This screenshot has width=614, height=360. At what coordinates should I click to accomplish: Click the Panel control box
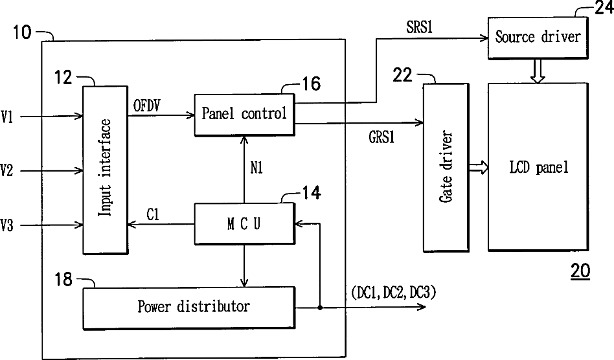[x=244, y=115]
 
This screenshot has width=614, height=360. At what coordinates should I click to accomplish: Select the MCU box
[x=244, y=223]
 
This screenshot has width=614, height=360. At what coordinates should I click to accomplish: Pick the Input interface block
[x=105, y=170]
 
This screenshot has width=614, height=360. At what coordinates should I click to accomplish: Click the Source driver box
[x=538, y=38]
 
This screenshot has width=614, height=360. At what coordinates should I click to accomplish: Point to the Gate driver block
[x=446, y=167]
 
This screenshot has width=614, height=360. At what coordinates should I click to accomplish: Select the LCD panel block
[x=538, y=166]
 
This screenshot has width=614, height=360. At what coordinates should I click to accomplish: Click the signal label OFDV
[x=147, y=106]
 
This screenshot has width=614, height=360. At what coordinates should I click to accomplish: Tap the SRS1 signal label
[x=420, y=27]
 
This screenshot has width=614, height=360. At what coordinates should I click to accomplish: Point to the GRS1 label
[x=381, y=137]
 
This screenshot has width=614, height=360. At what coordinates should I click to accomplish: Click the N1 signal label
[x=256, y=168]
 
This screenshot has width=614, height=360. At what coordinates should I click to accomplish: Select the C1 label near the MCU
[x=153, y=214]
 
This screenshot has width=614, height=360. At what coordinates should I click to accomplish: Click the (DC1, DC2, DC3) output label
[x=394, y=292]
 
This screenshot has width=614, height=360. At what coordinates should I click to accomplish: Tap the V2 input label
[x=6, y=170]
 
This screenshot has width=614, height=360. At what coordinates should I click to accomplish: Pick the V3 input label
[x=6, y=225]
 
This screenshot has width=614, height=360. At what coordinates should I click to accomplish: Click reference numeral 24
[x=604, y=7]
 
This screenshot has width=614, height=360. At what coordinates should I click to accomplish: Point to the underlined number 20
[x=580, y=271]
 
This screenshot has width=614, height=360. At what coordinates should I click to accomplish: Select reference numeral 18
[x=63, y=280]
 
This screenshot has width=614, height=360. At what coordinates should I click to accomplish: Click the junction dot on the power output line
[x=320, y=308]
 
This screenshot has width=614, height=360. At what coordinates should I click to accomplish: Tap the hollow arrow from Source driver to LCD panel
[x=538, y=71]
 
